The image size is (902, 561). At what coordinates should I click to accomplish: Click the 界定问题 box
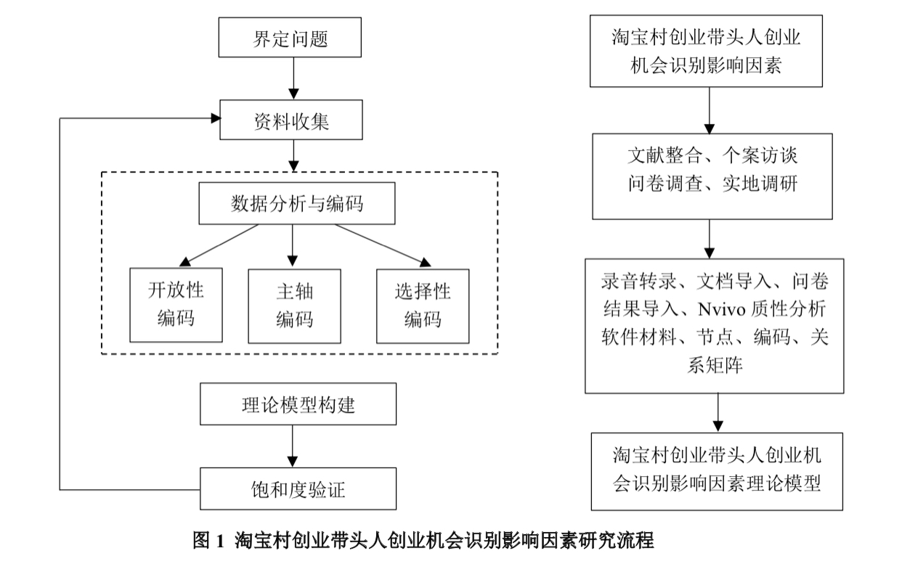[x=290, y=38]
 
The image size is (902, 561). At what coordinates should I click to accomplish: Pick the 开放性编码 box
[x=176, y=306]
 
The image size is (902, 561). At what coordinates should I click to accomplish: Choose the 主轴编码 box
[x=294, y=306]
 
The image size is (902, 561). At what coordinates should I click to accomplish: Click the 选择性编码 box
[x=423, y=306]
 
